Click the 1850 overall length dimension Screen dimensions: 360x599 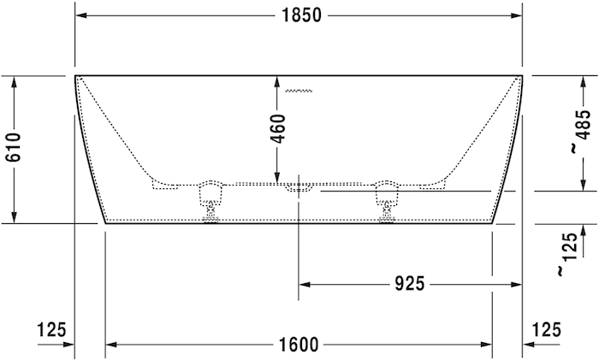[299, 15]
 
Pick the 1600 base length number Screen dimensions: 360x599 [299, 345]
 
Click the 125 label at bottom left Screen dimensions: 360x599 [52, 329]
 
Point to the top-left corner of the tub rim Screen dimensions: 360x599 [75, 76]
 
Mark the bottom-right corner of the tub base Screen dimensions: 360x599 [492, 222]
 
